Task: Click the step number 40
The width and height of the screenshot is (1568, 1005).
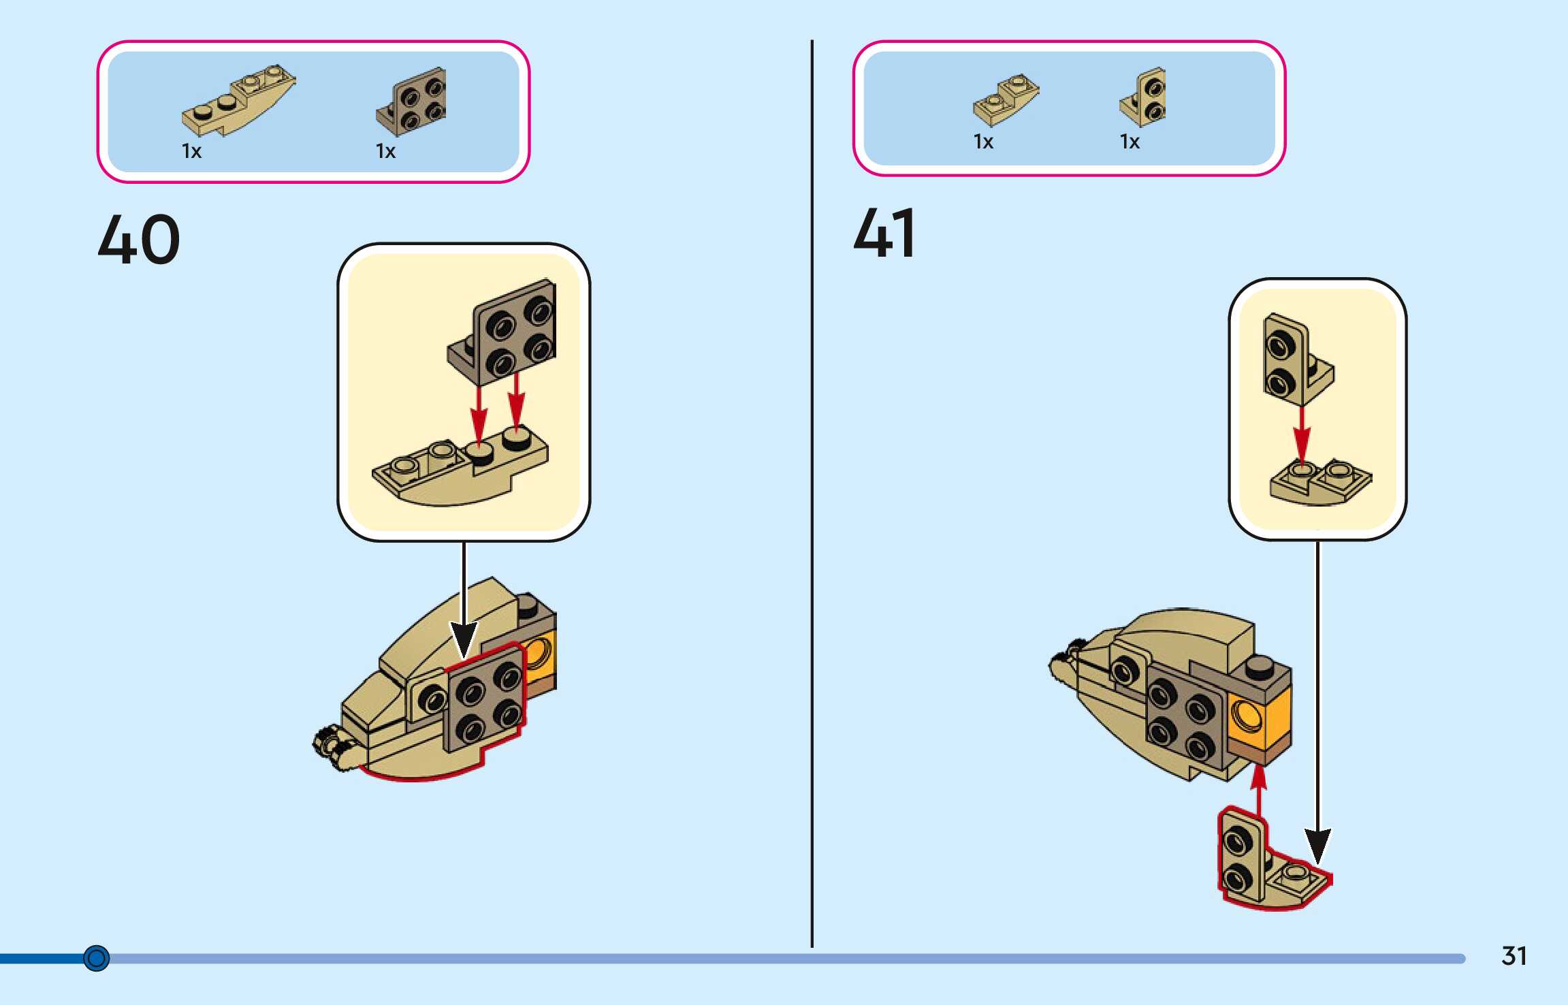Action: coord(139,239)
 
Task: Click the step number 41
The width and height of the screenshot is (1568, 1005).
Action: coord(884,234)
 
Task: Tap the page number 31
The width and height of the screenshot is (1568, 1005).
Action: coord(1514,956)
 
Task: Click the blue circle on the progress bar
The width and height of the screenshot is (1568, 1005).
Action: coord(96,958)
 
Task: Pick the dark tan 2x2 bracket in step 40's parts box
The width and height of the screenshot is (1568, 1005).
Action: coord(413,102)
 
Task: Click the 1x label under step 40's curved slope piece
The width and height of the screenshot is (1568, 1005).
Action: coord(191,151)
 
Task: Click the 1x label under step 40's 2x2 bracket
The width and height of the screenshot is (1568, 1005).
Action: coord(385,151)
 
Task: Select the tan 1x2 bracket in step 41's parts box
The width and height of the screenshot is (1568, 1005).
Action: coord(1144,97)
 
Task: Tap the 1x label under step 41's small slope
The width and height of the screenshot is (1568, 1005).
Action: coord(983,142)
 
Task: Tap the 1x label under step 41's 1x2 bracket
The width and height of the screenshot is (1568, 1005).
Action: coord(1130,142)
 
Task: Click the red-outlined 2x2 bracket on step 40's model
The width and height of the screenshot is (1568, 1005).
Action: coord(485,701)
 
